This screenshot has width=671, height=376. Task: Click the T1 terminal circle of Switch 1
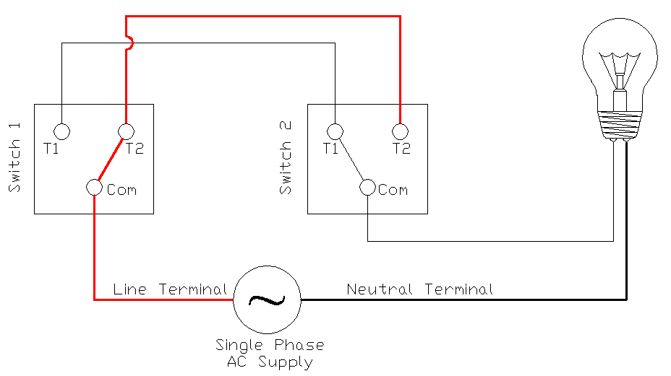(x=62, y=131)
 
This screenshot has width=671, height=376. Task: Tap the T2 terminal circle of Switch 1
(x=127, y=131)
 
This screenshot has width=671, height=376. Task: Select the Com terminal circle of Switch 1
(x=94, y=188)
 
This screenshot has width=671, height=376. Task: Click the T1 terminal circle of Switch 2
(x=334, y=131)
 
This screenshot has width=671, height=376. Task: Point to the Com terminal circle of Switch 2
(x=367, y=188)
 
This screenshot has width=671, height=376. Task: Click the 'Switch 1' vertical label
(x=15, y=158)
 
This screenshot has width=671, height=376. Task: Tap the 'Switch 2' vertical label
(x=286, y=158)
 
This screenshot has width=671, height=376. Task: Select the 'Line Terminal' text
(x=170, y=289)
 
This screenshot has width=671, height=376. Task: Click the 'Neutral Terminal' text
(x=420, y=289)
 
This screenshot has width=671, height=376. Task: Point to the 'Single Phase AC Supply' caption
(x=270, y=354)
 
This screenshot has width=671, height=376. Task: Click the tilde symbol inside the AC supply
(x=267, y=299)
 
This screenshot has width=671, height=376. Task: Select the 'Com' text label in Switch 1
(x=121, y=190)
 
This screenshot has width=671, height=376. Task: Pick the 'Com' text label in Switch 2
(x=393, y=190)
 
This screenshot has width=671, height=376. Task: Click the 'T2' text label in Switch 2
(x=401, y=149)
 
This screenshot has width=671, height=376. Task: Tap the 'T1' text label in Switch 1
(x=51, y=149)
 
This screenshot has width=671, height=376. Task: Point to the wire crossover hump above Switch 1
(x=129, y=43)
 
